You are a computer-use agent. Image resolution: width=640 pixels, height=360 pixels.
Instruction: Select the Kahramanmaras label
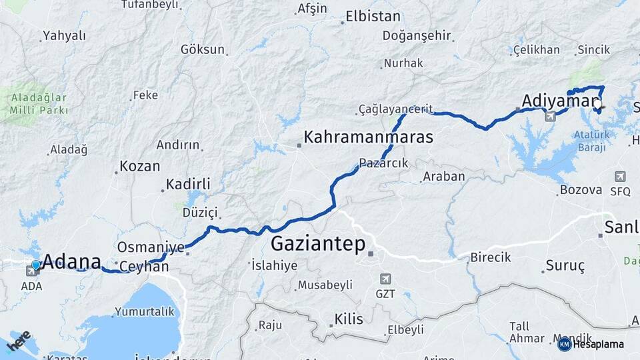point(368,137)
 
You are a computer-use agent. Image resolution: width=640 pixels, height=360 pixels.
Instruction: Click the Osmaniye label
point(151,247)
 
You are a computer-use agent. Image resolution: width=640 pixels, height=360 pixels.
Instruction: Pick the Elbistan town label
point(373,17)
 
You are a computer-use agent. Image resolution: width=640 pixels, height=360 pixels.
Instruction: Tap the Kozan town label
point(139,167)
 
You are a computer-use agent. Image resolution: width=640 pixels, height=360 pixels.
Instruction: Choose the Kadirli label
point(188,184)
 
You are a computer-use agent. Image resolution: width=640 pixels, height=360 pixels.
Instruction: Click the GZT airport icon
point(385,279)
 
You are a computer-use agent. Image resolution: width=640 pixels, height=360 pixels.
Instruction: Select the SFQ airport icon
point(620,177)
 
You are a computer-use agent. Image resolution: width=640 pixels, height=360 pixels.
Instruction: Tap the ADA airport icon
point(32,271)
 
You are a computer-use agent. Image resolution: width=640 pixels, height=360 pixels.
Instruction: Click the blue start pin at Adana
point(36,265)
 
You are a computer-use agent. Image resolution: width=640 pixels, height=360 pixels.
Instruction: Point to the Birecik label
point(490,257)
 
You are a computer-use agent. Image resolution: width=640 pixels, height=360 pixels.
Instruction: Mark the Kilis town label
point(349,319)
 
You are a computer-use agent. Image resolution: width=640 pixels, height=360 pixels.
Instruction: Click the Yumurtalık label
point(144,311)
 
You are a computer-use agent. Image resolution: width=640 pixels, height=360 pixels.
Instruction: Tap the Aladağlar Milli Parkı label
point(39,103)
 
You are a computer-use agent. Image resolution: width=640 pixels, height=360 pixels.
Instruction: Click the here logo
point(19,341)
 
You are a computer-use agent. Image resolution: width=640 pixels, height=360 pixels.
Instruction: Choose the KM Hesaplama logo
point(591,344)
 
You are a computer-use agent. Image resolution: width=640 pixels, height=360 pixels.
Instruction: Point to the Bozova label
point(581,190)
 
